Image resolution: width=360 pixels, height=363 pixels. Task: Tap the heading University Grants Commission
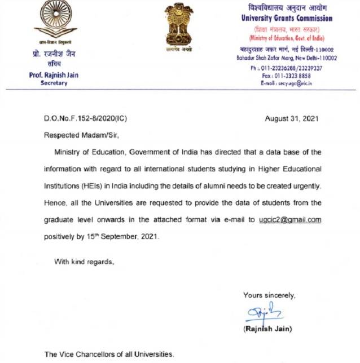tap(287, 18)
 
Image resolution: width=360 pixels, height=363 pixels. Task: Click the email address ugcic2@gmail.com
tap(289, 220)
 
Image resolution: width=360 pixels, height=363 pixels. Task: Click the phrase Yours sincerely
tap(269, 295)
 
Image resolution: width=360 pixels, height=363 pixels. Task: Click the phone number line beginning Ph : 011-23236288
tap(286, 68)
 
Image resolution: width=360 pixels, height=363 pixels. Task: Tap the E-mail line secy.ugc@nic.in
tap(286, 83)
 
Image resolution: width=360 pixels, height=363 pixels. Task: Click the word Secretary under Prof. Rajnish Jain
tap(54, 83)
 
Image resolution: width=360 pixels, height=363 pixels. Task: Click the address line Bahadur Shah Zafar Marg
tap(288, 57)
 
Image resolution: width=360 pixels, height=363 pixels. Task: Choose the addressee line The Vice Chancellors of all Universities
tap(109, 355)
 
